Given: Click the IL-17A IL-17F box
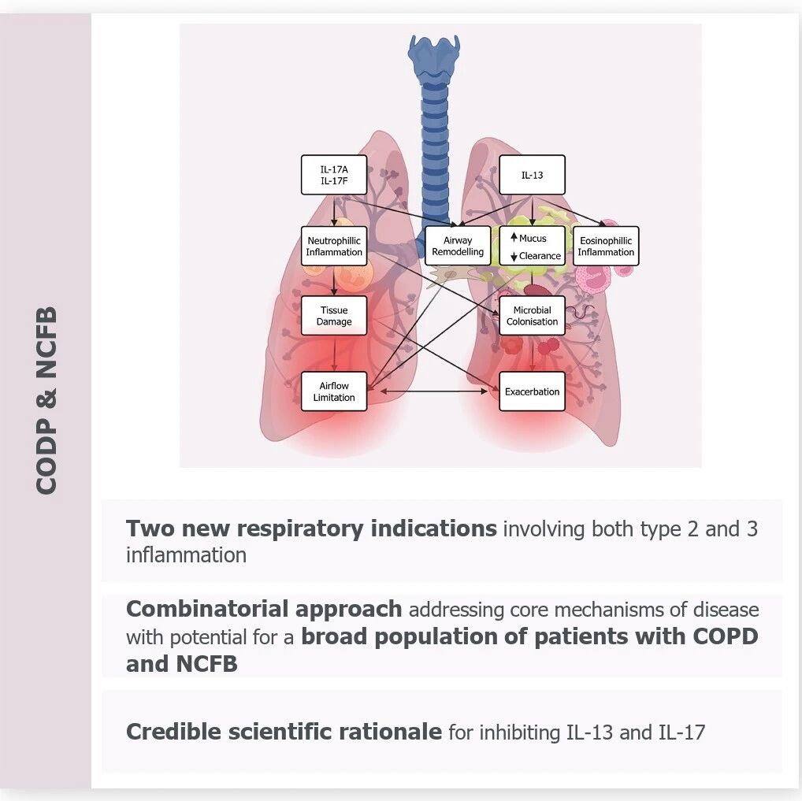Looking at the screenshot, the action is point(334,175).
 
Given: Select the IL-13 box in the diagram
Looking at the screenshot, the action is point(532,175).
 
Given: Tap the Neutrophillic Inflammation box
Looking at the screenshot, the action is point(334,246).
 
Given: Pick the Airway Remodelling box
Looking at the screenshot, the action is point(458,246).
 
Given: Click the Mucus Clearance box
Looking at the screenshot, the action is point(532,246).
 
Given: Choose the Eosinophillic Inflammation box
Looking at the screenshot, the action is point(606,246).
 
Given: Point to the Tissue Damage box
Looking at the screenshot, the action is point(334,316).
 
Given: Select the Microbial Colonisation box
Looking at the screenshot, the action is point(532,316).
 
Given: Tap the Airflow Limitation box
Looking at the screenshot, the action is point(334,391).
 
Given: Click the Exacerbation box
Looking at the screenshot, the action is point(532,391).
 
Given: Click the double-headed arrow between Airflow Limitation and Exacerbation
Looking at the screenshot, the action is point(434,391).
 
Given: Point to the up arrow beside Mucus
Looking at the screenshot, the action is point(514,237).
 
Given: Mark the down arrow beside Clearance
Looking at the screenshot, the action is point(514,256).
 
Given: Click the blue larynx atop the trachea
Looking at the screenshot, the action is point(435,55).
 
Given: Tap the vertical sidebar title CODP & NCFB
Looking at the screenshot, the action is point(46,400).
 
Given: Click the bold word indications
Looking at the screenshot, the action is point(434,528).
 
